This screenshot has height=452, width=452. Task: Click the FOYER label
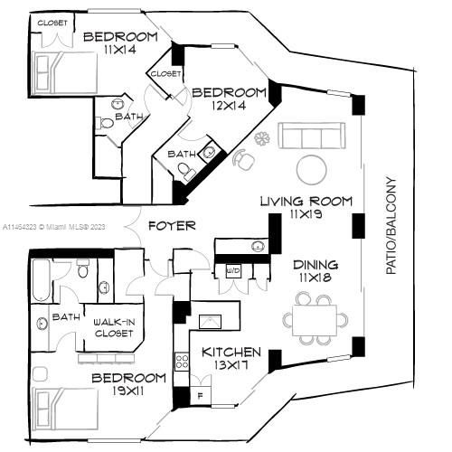pos(172,226)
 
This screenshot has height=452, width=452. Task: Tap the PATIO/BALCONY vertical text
pos(391,226)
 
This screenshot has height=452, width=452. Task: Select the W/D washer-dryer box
pos(233,271)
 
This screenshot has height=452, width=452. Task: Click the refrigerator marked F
pos(201,395)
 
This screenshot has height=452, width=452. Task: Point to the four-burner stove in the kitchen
pos(182,362)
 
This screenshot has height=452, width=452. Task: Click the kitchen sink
pos(210,322)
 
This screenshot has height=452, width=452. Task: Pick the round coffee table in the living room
pos(311,170)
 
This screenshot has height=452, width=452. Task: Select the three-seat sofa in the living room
pos(312,136)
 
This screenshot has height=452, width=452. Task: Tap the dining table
pos(315,320)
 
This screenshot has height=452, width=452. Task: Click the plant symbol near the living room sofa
pos(262,138)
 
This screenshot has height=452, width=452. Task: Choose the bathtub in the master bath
pos(41,281)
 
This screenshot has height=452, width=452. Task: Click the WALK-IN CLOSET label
pos(114,327)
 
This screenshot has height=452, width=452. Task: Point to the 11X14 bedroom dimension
pos(120,50)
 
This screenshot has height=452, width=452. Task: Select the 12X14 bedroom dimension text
pos(229,105)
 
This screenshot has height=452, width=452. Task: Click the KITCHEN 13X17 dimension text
pos(231,365)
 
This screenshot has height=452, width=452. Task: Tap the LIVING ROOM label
pos(306,201)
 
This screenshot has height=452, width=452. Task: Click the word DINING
pos(315,265)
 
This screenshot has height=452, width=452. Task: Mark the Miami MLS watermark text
pos(54,227)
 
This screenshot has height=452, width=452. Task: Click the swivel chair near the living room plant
pos(244,160)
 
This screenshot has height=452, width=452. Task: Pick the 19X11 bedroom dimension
pos(127,391)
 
